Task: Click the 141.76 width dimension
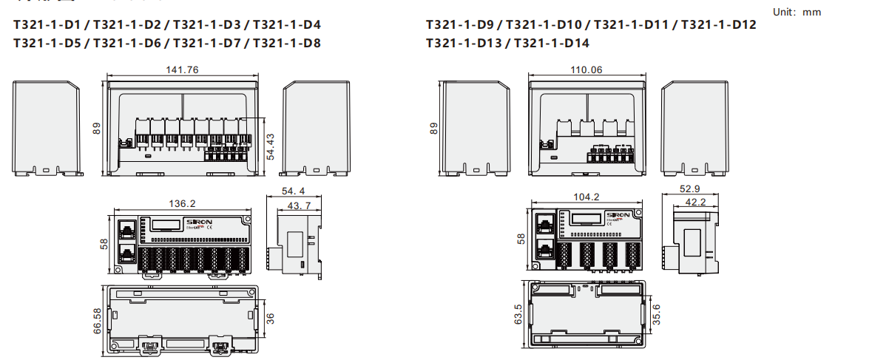(x=182, y=70)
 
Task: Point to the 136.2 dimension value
(x=182, y=203)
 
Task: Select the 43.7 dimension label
(x=299, y=205)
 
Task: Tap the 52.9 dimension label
(x=689, y=189)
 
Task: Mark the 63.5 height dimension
(x=518, y=313)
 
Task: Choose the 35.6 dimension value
(x=657, y=313)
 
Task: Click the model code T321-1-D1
(x=47, y=25)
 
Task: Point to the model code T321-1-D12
(x=718, y=25)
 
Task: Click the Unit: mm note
(x=797, y=12)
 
